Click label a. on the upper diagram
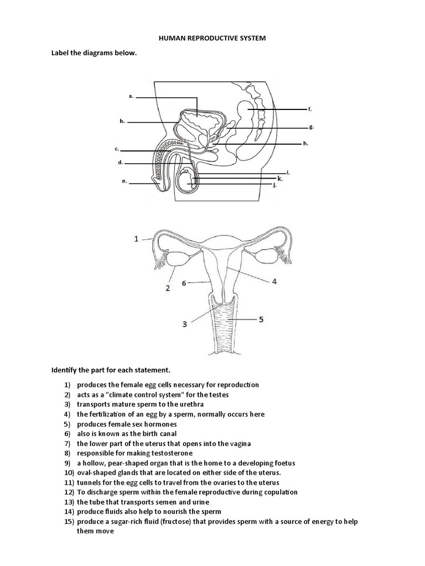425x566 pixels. click(131, 96)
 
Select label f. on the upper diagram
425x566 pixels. click(310, 109)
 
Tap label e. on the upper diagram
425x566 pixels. click(125, 181)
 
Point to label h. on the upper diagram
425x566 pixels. click(305, 143)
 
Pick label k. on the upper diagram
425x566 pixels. click(280, 179)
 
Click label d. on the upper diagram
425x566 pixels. click(120, 163)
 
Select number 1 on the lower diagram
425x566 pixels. click(136, 239)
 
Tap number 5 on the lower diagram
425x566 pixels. click(262, 319)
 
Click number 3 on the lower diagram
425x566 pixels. click(186, 324)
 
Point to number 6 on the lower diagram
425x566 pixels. click(184, 282)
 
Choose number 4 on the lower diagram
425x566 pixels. click(274, 281)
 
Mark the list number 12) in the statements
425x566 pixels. click(69, 492)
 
